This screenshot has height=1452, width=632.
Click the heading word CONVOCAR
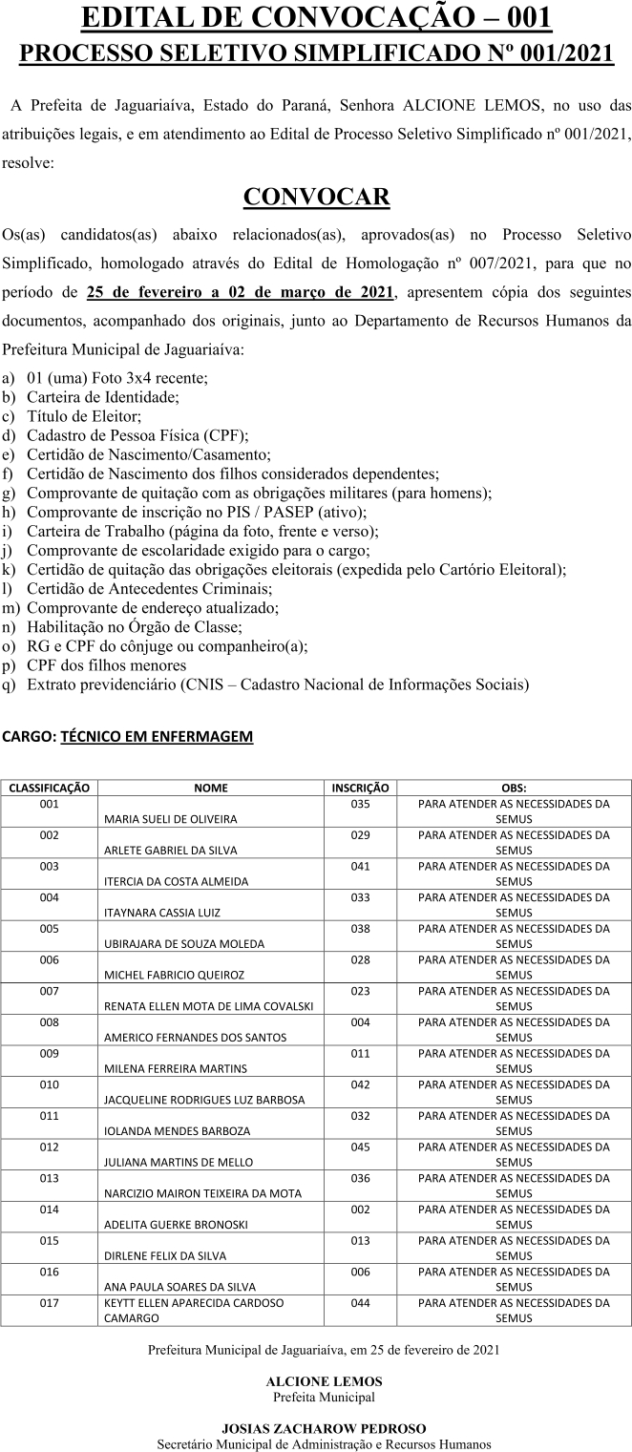(x=316, y=197)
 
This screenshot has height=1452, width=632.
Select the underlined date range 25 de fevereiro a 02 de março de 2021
(x=240, y=291)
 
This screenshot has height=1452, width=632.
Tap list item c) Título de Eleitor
(x=84, y=415)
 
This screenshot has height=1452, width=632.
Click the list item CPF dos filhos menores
(x=106, y=665)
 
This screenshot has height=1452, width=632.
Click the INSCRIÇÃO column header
(x=360, y=789)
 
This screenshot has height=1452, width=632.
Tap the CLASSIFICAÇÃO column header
(x=50, y=789)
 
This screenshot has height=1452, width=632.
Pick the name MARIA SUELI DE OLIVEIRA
(x=171, y=819)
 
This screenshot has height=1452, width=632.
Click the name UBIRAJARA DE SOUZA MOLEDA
(x=184, y=943)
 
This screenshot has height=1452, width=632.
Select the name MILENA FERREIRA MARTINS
(x=176, y=1068)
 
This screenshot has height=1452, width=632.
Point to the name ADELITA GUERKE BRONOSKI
(x=176, y=1223)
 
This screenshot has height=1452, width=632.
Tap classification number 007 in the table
(x=50, y=992)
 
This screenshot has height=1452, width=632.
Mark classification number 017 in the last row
(x=50, y=1303)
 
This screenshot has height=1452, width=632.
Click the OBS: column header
(x=514, y=789)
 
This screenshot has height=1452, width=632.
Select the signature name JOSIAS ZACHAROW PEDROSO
(x=324, y=1428)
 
